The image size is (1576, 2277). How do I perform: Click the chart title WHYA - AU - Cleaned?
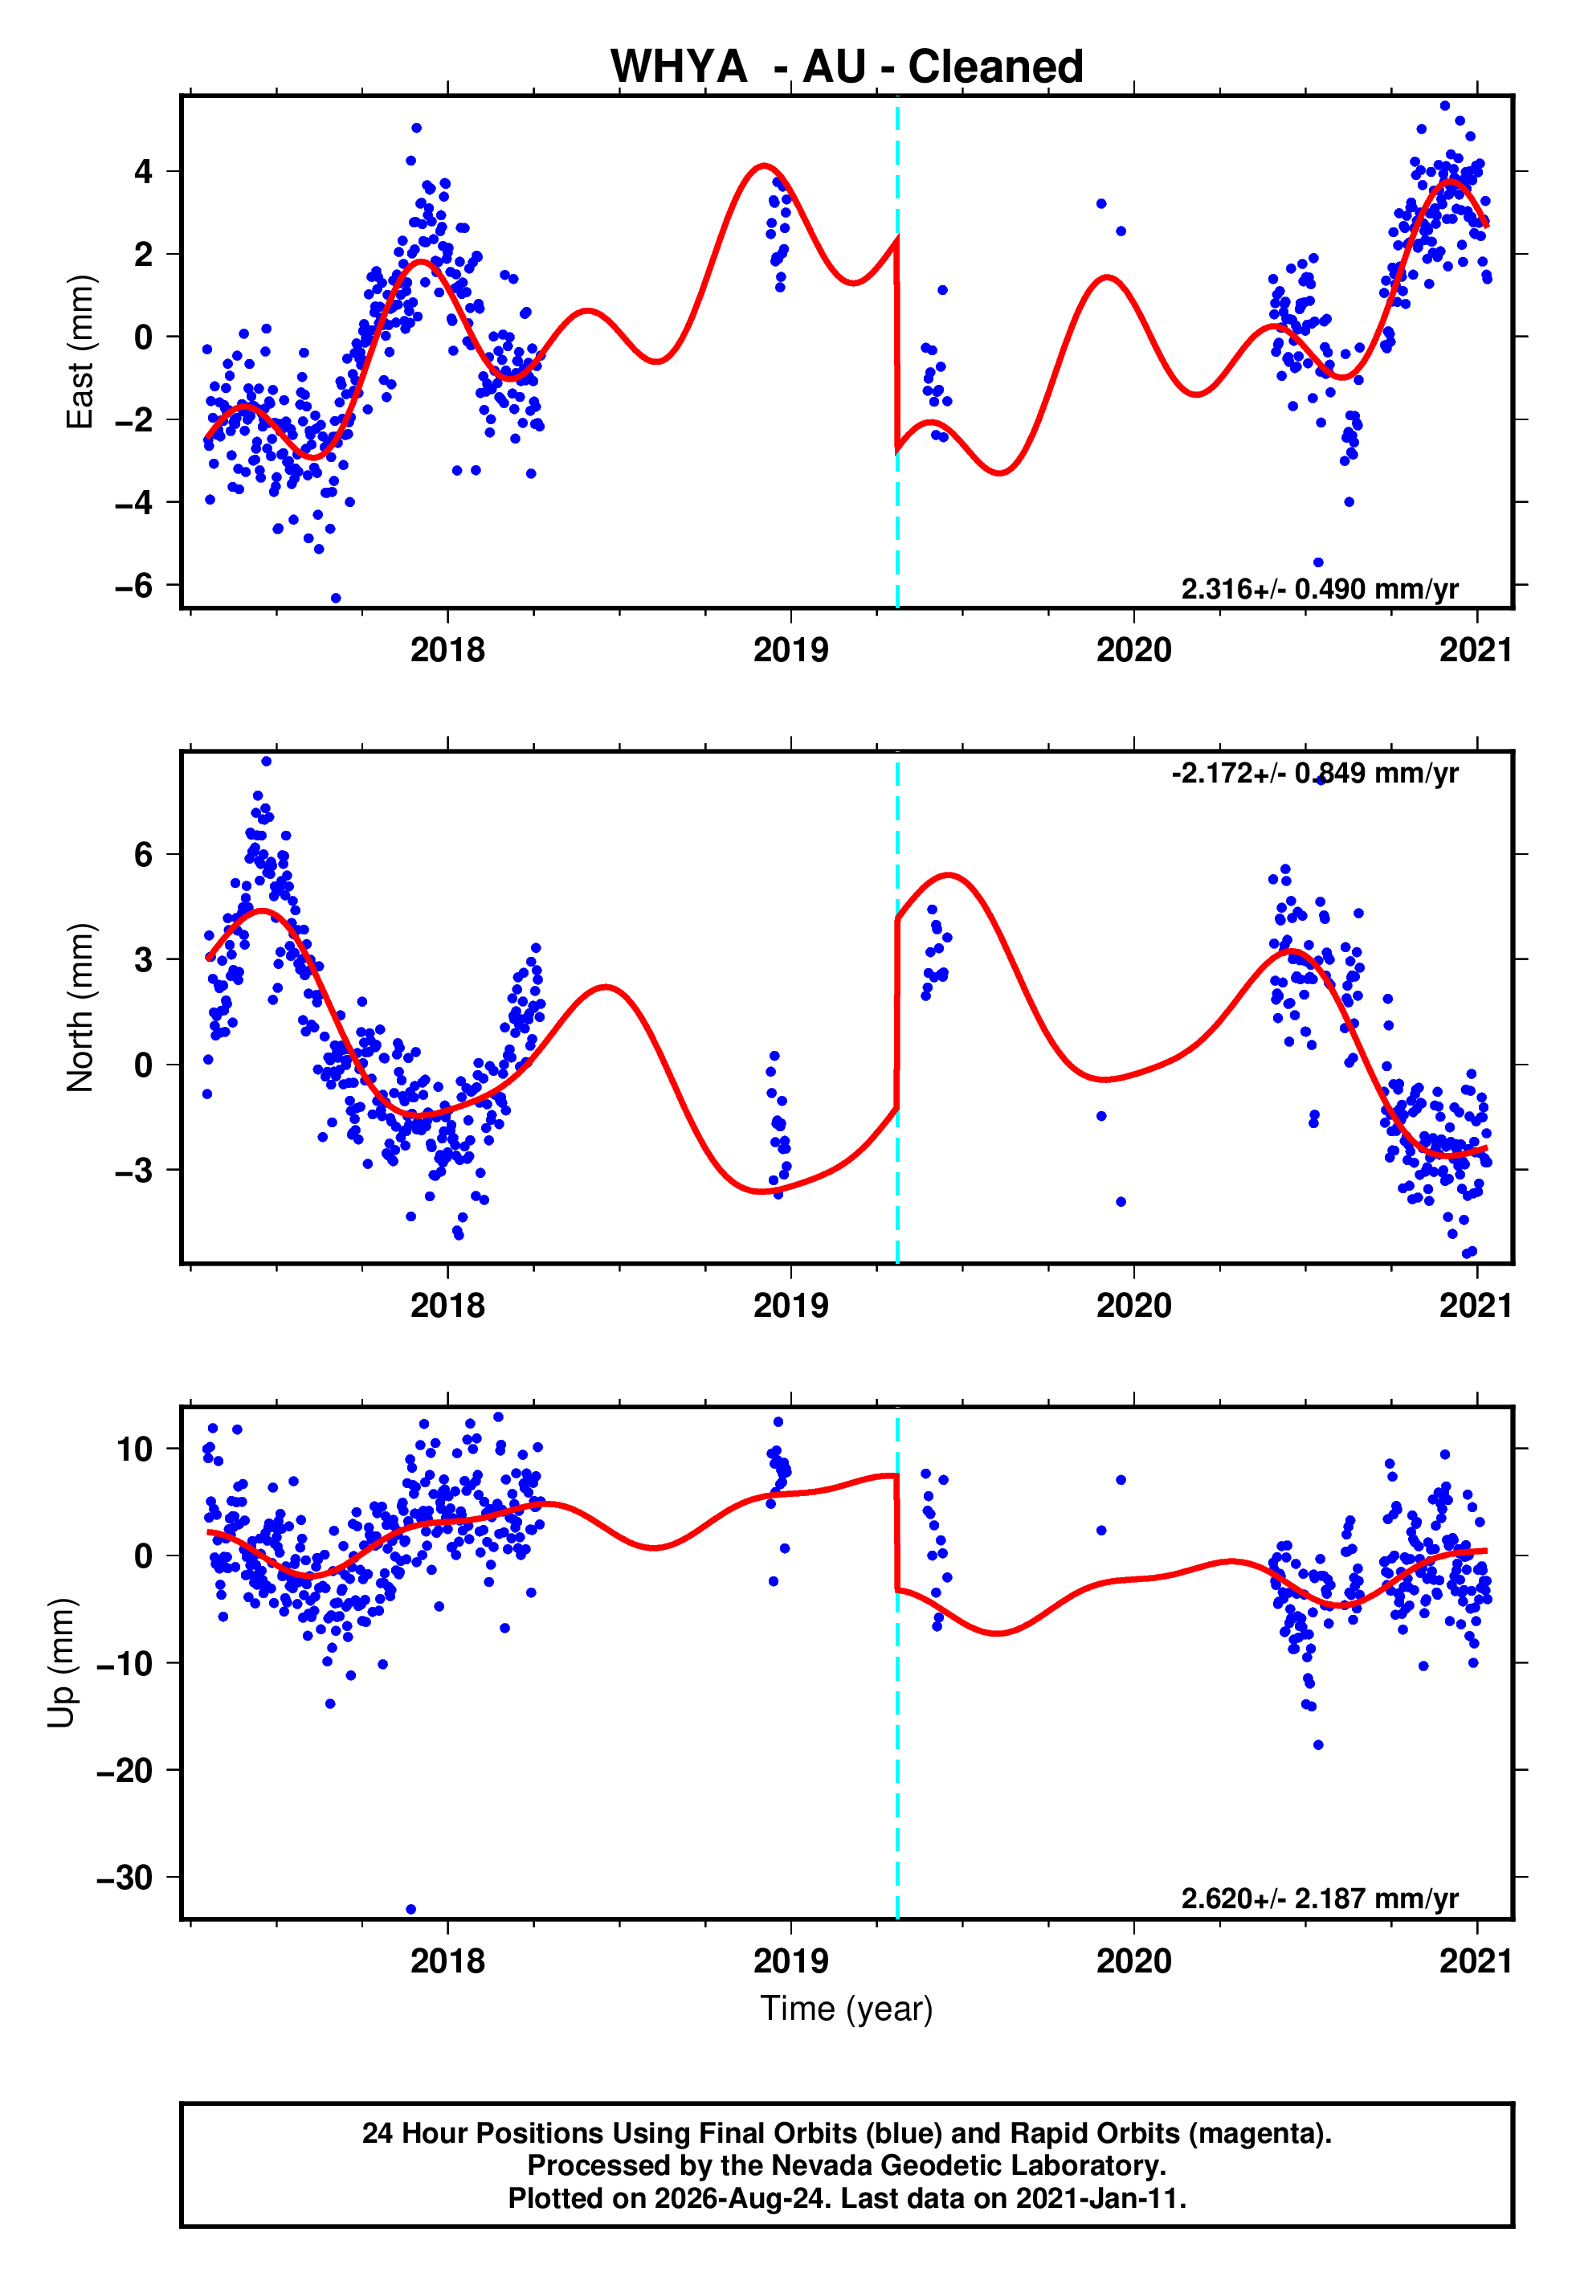point(847,67)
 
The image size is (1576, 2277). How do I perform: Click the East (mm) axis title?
point(80,352)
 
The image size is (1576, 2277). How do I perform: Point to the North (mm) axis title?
point(80,1008)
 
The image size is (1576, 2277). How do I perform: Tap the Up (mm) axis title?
point(61,1663)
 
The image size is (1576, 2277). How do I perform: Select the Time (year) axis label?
point(847,2009)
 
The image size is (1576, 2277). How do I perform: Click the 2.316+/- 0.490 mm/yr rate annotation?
point(1319,590)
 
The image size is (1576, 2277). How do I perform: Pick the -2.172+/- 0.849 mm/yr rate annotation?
point(1314,773)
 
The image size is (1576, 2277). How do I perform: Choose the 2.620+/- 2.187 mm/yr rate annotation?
point(1319,1899)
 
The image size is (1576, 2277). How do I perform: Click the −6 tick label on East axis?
point(134,586)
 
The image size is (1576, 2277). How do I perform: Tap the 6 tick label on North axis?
point(144,854)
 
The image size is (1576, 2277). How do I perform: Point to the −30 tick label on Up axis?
point(125,1877)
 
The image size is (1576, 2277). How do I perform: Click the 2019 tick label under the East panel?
point(791,650)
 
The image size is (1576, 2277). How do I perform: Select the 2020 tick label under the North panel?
point(1133,1306)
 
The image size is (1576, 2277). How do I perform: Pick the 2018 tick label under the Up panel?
point(447,1961)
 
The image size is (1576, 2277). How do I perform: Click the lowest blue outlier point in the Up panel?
point(410,1910)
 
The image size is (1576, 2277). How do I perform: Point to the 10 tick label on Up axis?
point(135,1449)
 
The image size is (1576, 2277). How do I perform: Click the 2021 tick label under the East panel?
point(1476,650)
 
